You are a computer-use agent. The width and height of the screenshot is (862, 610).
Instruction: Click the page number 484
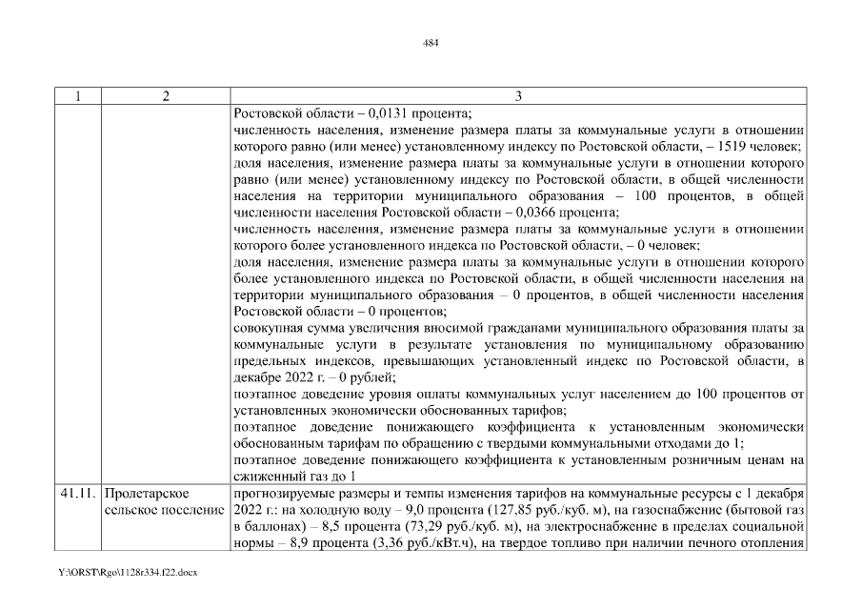[431, 43]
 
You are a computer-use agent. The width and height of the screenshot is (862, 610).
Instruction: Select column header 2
[165, 95]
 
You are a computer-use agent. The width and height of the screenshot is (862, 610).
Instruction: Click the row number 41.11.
[75, 495]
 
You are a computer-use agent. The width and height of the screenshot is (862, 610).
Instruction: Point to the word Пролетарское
[147, 495]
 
